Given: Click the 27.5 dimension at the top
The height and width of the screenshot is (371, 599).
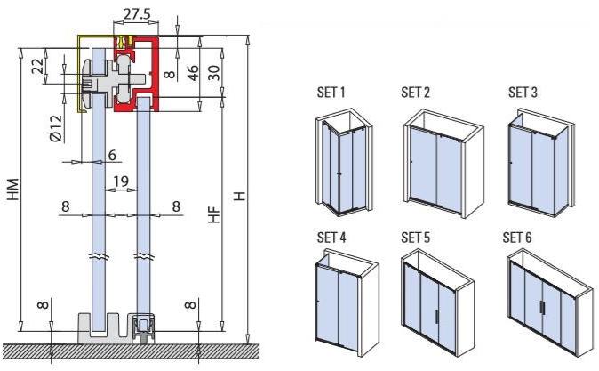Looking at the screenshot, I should click(x=138, y=15).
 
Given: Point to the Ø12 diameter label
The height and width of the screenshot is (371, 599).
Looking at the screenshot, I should click(x=56, y=130).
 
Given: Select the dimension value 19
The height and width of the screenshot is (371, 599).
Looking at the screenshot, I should click(x=122, y=181).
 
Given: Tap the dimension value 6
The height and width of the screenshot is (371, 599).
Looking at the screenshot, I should click(x=113, y=155).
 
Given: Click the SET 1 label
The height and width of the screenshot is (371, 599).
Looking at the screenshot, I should click(x=331, y=92).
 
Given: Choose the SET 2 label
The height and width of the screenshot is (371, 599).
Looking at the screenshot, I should click(x=415, y=92).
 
